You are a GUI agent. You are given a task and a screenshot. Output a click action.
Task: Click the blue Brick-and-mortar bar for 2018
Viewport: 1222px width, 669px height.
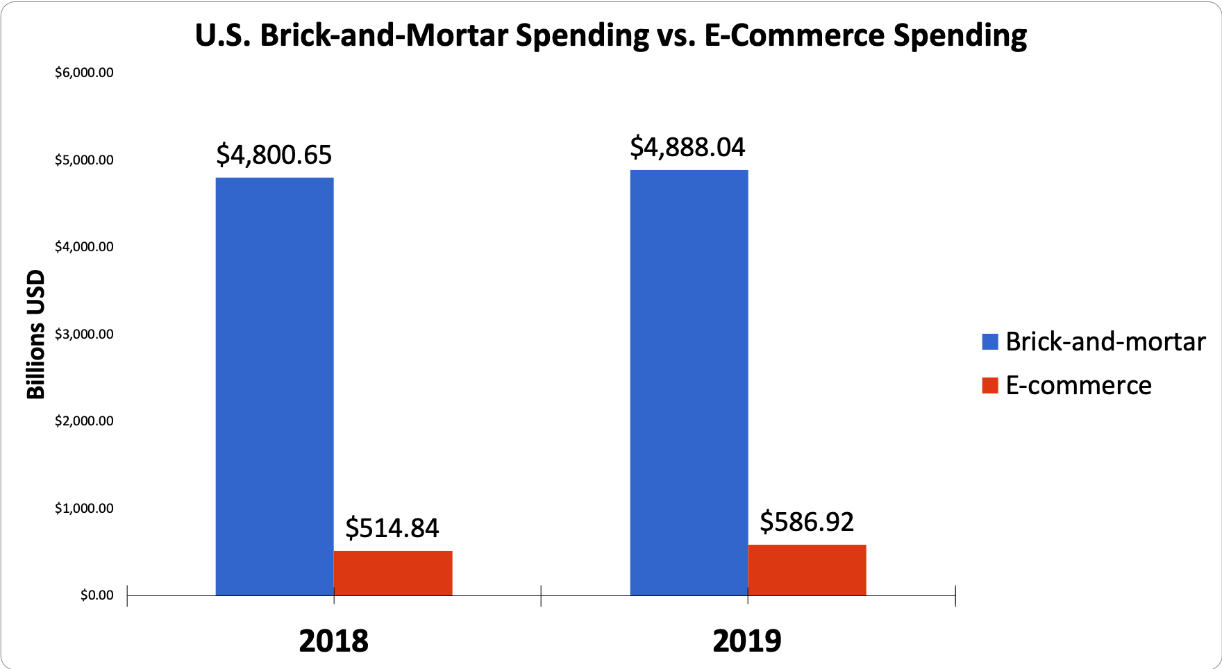pos(274,386)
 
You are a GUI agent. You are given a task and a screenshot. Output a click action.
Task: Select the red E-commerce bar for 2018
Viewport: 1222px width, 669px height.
pos(393,573)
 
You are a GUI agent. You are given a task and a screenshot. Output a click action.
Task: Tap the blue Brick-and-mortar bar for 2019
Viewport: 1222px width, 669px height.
pos(689,382)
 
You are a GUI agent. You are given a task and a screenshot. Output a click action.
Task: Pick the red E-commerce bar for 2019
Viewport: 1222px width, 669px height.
pos(807,570)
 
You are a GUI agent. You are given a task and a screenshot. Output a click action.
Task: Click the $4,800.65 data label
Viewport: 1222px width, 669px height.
pos(274,155)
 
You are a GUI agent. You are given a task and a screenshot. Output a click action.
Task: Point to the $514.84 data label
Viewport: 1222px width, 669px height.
pos(392,528)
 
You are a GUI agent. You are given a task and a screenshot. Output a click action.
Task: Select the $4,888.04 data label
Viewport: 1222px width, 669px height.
pos(687,147)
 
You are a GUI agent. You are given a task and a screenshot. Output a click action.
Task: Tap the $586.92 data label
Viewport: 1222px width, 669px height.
pos(807,522)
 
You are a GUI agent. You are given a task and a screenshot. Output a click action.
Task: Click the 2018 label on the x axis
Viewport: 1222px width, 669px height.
pos(333,641)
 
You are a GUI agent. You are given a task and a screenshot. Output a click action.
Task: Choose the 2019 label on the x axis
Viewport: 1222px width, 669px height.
pos(747,641)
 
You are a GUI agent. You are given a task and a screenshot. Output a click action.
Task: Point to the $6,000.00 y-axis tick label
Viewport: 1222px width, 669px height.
pos(84,73)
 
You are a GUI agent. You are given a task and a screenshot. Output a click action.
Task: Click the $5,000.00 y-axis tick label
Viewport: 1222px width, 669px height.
pos(84,160)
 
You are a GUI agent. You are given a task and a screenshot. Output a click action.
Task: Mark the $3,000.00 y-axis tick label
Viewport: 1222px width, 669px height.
pos(84,334)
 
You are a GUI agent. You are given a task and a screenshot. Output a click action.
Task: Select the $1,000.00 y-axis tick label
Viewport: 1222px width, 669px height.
pos(84,509)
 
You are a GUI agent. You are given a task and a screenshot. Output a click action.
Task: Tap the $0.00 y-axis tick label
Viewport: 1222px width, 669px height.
pos(97,595)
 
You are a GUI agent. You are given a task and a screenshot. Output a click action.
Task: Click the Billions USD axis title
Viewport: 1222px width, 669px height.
pos(35,334)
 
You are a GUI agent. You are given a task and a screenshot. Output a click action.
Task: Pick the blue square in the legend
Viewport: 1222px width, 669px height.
pos(990,341)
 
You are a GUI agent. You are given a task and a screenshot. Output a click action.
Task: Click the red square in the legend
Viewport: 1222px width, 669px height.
pos(990,385)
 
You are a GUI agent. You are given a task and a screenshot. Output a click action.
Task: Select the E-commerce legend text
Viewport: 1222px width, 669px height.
pos(1078,385)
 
